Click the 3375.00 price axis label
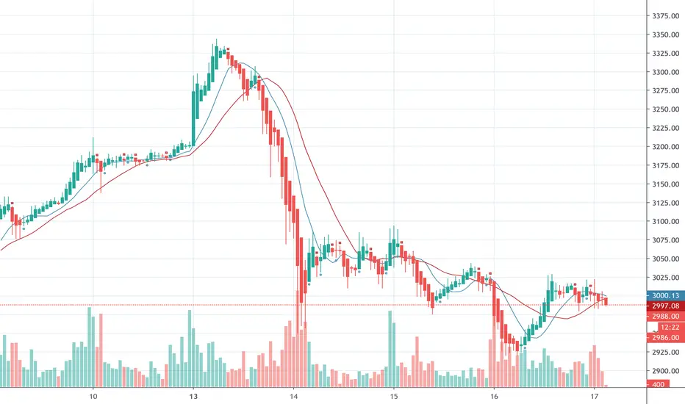point(664,16)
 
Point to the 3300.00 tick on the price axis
point(664,72)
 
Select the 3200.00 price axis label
point(664,147)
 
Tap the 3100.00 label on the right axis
point(664,222)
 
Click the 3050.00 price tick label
point(664,259)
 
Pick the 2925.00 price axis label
point(664,353)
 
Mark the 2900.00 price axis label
point(664,372)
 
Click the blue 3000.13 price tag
point(664,292)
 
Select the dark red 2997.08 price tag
point(664,304)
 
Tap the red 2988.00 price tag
point(664,316)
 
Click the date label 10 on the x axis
point(93,395)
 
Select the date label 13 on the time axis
point(193,395)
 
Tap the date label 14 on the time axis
point(293,395)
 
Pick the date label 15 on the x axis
point(393,395)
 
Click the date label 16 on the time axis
point(494,395)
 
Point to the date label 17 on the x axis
point(594,395)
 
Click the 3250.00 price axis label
point(664,109)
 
